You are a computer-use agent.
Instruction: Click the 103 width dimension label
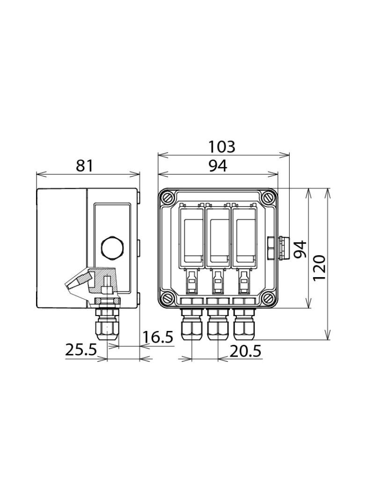coord(221,147)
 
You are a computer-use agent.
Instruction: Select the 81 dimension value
coord(85,166)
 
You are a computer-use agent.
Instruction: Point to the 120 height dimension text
coord(320,268)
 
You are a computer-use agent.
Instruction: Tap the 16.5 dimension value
coord(158,338)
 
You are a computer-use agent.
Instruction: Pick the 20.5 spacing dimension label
coord(245,352)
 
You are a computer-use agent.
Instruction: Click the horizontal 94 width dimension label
coord(218,166)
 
